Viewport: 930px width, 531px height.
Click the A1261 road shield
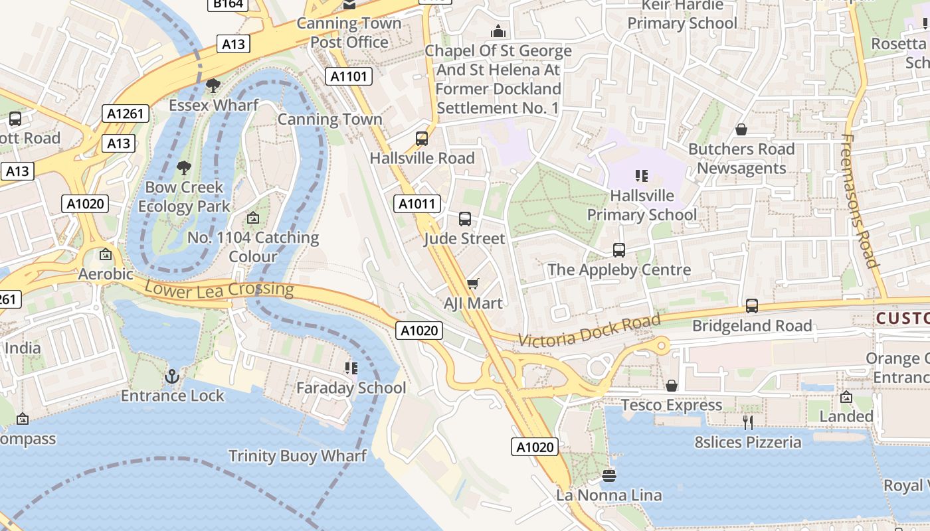[x=126, y=114]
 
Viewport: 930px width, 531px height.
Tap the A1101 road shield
[x=349, y=76]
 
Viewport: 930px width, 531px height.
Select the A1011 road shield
[x=416, y=204]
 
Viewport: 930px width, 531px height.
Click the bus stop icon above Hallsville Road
[x=422, y=139]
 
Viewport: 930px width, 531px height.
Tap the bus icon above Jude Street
[x=465, y=219]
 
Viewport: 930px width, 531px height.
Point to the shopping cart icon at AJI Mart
[x=472, y=284]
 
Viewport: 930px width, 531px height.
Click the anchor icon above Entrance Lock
[x=172, y=376]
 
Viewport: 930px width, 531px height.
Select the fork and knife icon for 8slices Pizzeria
[x=748, y=422]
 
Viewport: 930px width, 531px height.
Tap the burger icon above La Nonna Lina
[x=608, y=475]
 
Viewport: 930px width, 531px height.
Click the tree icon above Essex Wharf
[x=213, y=86]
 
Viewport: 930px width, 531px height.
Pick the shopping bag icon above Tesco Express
[x=672, y=386]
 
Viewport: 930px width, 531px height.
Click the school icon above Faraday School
[x=351, y=368]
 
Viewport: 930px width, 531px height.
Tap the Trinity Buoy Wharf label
[x=297, y=456]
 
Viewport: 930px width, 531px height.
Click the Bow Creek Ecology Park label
[x=184, y=196]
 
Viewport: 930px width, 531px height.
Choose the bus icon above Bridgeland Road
[x=752, y=306]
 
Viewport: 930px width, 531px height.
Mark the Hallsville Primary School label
[x=642, y=205]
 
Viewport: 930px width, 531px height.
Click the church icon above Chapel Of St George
[x=498, y=31]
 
